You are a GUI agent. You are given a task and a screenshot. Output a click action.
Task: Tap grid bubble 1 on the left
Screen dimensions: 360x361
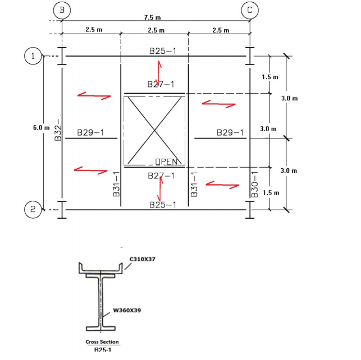pyautogui.click(x=33, y=56)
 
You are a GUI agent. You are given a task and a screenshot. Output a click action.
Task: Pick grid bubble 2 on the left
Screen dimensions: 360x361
pyautogui.click(x=33, y=210)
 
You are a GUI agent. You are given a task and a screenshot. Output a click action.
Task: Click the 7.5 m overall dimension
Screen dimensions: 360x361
pyautogui.click(x=153, y=18)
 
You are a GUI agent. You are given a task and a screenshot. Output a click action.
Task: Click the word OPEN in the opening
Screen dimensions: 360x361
pyautogui.click(x=167, y=162)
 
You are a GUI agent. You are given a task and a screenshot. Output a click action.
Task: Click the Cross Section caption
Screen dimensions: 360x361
pyautogui.click(x=102, y=342)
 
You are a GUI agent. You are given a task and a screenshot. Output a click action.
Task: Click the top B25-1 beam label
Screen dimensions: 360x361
pyautogui.click(x=163, y=51)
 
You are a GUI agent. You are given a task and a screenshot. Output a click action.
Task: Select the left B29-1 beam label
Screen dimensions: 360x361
pyautogui.click(x=90, y=133)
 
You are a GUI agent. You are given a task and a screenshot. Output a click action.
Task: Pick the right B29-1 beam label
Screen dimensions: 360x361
pyautogui.click(x=231, y=133)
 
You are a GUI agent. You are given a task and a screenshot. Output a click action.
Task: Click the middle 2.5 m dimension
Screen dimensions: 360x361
pyautogui.click(x=156, y=30)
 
